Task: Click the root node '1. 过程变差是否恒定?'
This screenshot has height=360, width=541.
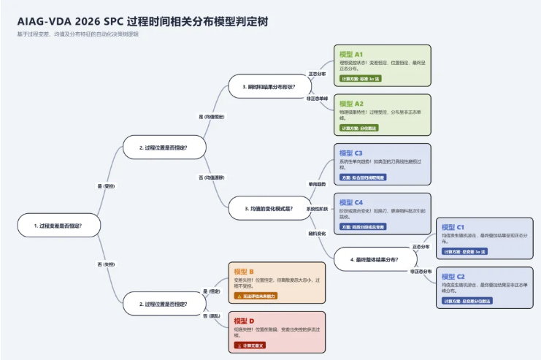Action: tap(58, 226)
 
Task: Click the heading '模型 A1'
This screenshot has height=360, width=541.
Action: tap(351, 54)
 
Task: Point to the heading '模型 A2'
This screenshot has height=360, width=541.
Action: tap(351, 104)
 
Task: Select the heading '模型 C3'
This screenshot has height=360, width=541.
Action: tap(351, 153)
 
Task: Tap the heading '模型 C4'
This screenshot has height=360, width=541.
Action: tap(351, 202)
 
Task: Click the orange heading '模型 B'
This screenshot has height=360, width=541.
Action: tap(244, 272)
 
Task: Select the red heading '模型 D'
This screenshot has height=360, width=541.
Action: tap(244, 321)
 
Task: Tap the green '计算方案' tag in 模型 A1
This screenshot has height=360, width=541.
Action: tap(361, 78)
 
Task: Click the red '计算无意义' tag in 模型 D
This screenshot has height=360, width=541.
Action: tap(250, 345)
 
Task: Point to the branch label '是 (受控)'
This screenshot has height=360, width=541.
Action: tap(106, 186)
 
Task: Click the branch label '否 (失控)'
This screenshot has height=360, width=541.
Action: tap(106, 264)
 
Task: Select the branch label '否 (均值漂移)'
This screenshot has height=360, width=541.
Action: tap(212, 177)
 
